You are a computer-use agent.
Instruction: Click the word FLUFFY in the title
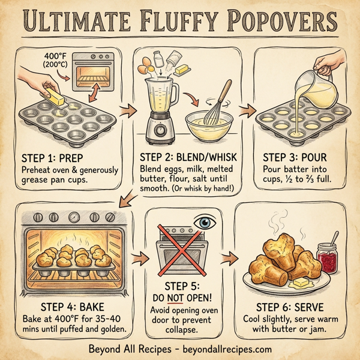coord(180,22)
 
